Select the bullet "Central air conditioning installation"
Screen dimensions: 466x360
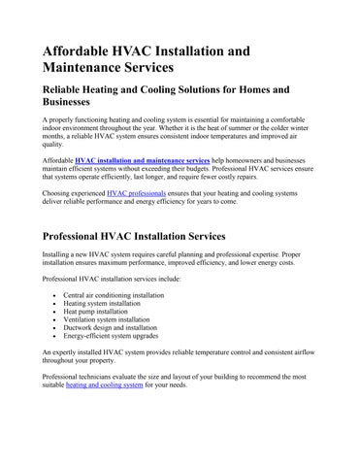(114, 294)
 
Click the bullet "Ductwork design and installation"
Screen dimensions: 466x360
(109, 331)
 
